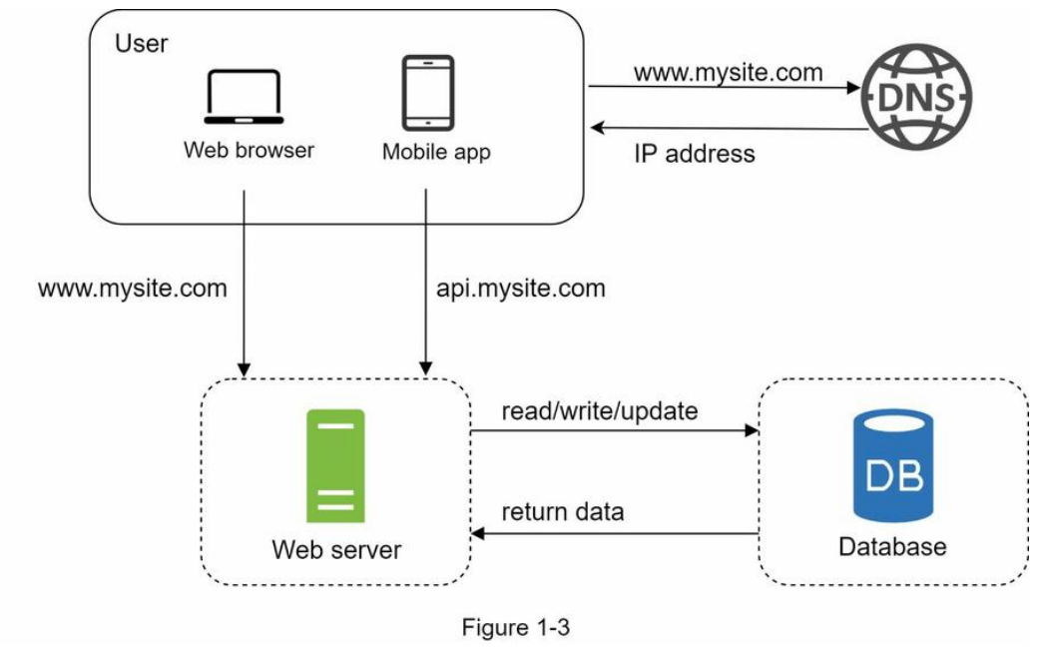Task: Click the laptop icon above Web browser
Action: coord(244,97)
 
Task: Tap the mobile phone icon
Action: coord(428,93)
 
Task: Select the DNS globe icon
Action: coord(916,97)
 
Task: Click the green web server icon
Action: coord(335,466)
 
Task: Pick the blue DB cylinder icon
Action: coord(893,465)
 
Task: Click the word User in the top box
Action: coord(141,44)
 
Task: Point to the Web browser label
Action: coord(249,150)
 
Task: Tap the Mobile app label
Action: coord(436,152)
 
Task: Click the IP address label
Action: coord(695,154)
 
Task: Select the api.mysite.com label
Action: coord(521,289)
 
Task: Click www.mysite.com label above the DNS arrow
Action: coord(729,72)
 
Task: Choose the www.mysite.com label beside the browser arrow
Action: coord(133,289)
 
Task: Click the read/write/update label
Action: coord(600,411)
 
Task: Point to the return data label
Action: coord(563,512)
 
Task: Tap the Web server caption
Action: coord(336,549)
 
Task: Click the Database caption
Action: coord(892,547)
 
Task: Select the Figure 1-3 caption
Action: coord(516,627)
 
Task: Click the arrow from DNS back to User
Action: coord(729,128)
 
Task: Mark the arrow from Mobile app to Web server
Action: coord(425,283)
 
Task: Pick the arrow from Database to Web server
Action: coord(614,533)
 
